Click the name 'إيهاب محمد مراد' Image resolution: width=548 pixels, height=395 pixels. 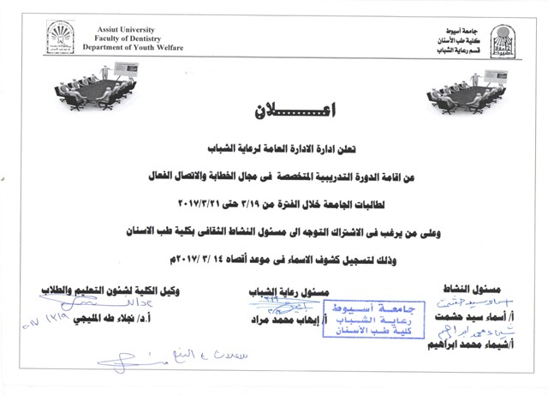tap(278, 319)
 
